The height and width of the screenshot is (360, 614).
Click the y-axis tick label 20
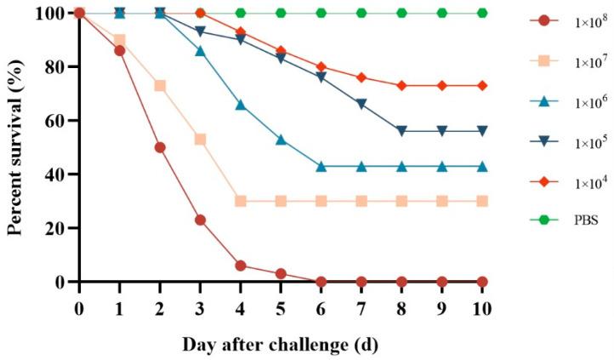(x=54, y=228)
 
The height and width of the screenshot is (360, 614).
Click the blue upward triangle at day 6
(x=321, y=166)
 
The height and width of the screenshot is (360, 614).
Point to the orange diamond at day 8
(x=401, y=85)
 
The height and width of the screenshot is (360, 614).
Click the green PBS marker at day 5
(x=281, y=13)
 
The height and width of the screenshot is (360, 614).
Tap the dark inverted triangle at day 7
(x=361, y=104)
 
